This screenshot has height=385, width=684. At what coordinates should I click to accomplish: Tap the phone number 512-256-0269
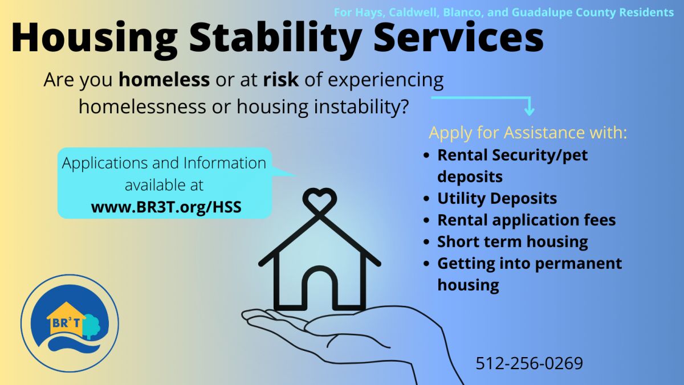pos(529,363)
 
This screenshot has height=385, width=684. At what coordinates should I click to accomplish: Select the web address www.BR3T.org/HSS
pos(166,207)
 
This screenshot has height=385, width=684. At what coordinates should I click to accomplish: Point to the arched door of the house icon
pos(320,287)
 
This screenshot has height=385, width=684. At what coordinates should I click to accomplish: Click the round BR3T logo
pos(70,323)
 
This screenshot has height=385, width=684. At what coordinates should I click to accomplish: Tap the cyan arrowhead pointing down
pos(529,110)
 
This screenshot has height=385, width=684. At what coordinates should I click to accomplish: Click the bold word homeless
pos(164,80)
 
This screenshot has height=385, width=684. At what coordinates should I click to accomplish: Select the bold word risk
pos(281,80)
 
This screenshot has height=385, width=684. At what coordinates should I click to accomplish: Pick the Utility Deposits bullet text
pos(497,198)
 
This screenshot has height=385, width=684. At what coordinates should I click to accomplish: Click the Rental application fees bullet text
pos(527,220)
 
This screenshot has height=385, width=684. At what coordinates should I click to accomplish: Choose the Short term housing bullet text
pos(512,241)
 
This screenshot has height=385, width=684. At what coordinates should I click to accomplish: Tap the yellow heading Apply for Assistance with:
pos(528,133)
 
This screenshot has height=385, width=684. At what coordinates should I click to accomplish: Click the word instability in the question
pos(361,107)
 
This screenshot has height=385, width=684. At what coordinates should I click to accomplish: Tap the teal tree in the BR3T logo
pos(92,325)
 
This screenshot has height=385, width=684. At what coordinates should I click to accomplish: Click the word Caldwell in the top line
pos(413,13)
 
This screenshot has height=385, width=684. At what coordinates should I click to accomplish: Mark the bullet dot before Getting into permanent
pos(426,264)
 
